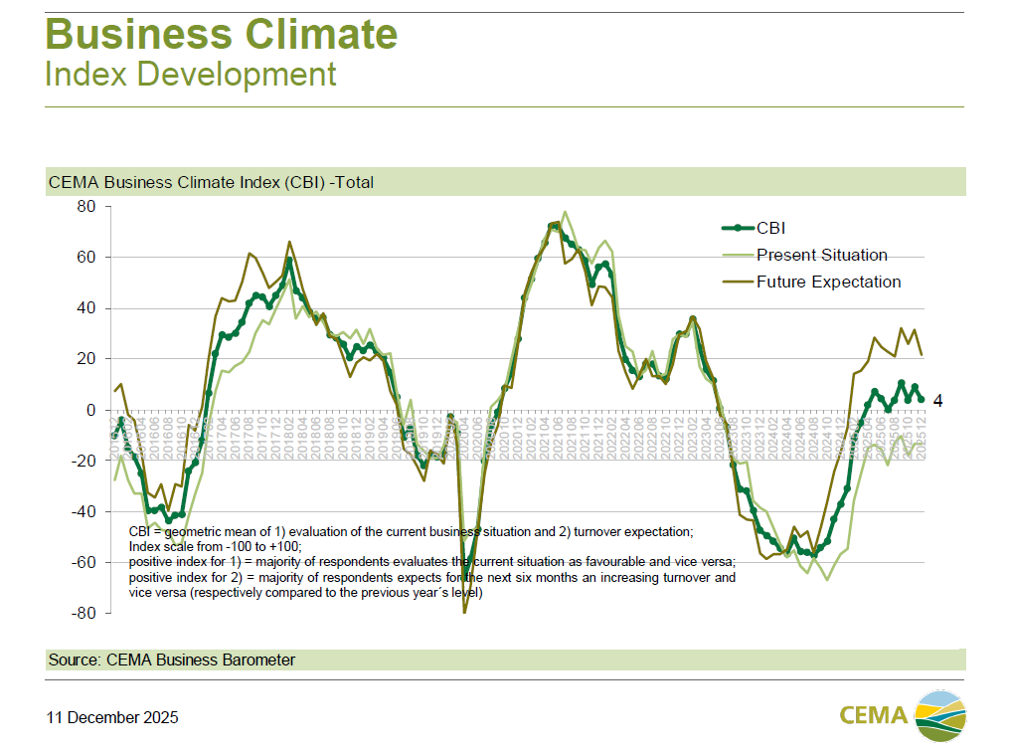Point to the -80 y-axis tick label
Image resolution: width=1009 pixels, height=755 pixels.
click(x=80, y=614)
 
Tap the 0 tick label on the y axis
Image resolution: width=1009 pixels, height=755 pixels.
click(x=88, y=410)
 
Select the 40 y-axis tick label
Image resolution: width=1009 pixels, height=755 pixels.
click(x=83, y=308)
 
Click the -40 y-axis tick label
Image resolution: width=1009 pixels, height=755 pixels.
click(x=80, y=512)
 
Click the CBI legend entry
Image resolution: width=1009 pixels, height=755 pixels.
click(x=771, y=228)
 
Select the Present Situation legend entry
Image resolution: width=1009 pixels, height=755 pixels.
click(x=821, y=255)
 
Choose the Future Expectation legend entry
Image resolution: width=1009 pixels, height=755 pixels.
click(x=828, y=282)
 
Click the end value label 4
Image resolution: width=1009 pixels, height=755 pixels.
click(x=937, y=401)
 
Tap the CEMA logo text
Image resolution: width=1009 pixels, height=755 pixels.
click(x=873, y=715)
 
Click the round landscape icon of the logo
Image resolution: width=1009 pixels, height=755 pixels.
click(x=940, y=715)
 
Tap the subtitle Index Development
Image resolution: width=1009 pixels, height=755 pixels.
click(x=191, y=74)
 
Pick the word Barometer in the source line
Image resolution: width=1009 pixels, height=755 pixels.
click(x=260, y=660)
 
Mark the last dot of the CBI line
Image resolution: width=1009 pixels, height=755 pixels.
click(x=921, y=399)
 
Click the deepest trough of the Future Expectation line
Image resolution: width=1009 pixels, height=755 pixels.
click(x=464, y=612)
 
